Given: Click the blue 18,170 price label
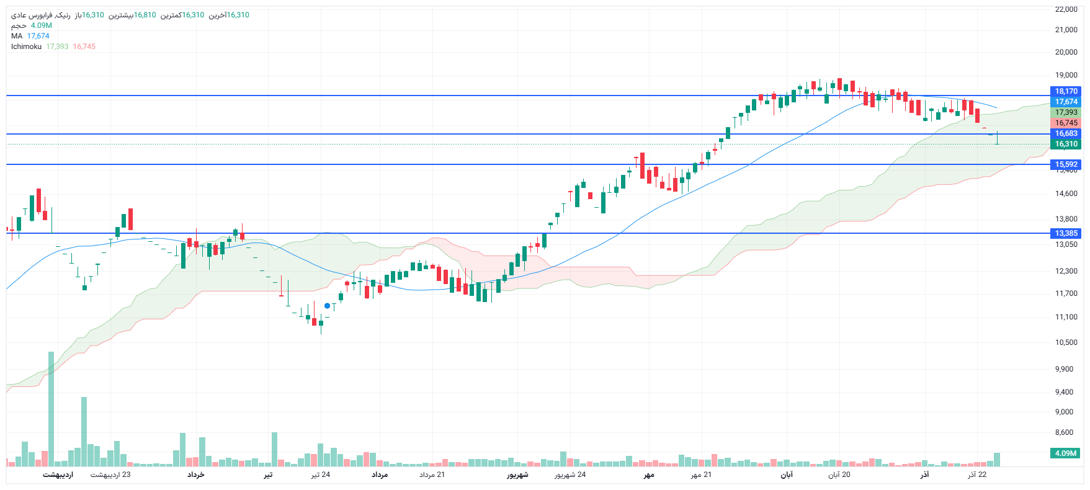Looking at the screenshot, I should tap(1066, 91).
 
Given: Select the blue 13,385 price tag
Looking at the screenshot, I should tap(1066, 233).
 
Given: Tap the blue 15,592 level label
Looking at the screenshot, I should tap(1066, 164).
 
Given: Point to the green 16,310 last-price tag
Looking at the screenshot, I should tap(1066, 144).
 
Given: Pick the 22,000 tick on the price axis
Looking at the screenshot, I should tap(1066, 9).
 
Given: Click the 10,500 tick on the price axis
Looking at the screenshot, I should tap(1066, 342).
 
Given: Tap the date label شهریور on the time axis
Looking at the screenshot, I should tap(517, 475).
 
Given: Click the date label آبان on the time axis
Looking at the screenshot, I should tap(786, 475).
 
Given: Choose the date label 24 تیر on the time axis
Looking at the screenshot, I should tap(321, 475).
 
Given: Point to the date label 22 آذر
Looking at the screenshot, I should tap(977, 475).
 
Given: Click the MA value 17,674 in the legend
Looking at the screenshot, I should tap(38, 36).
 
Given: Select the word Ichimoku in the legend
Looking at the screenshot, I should tap(26, 47).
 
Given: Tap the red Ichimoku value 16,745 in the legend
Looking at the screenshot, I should tap(84, 47).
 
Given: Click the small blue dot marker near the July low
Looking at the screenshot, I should tap(327, 306).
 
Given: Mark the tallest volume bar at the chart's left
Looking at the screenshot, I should tap(51, 409).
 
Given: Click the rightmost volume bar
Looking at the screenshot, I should tap(997, 460).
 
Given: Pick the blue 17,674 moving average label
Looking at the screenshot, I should tap(1066, 102).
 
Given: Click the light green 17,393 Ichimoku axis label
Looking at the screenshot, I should tap(1066, 112).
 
